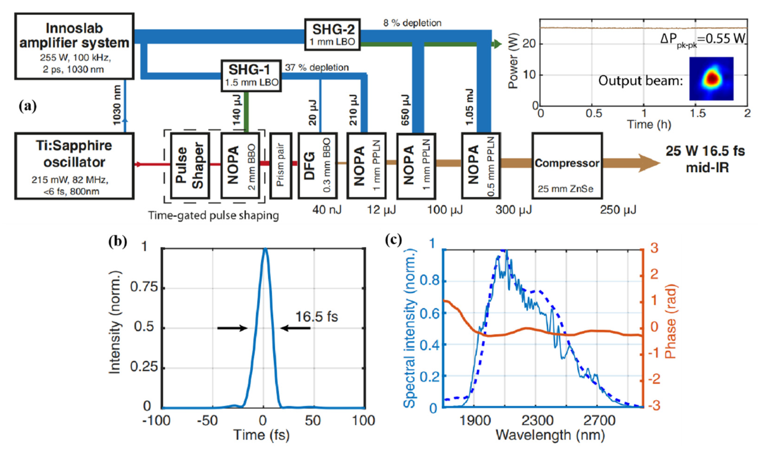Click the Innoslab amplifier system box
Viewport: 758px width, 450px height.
74,46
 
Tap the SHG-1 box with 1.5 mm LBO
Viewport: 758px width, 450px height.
251,76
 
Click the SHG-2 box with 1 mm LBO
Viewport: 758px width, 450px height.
333,34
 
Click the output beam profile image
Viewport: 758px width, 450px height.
711,79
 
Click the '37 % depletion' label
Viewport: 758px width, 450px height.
317,67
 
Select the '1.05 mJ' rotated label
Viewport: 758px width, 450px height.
469,107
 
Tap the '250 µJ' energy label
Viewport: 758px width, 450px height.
618,210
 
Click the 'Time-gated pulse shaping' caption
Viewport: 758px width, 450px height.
214,216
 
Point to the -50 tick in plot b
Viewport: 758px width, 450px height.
209,421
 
